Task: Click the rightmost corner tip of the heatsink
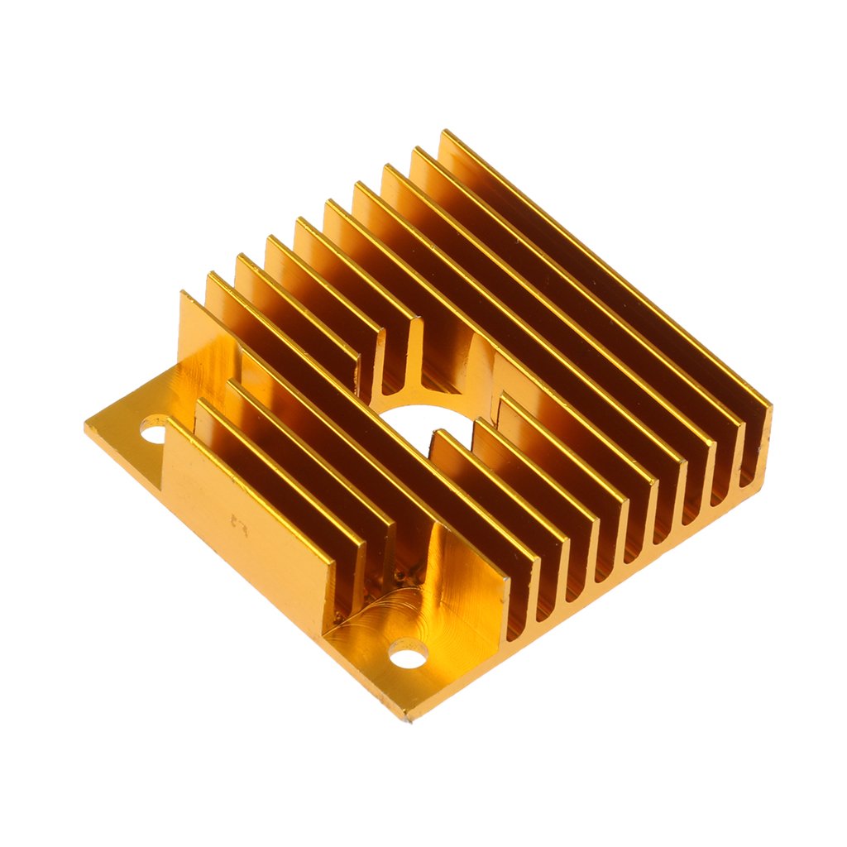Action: [x=770, y=407]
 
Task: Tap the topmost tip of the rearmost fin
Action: [x=444, y=132]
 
